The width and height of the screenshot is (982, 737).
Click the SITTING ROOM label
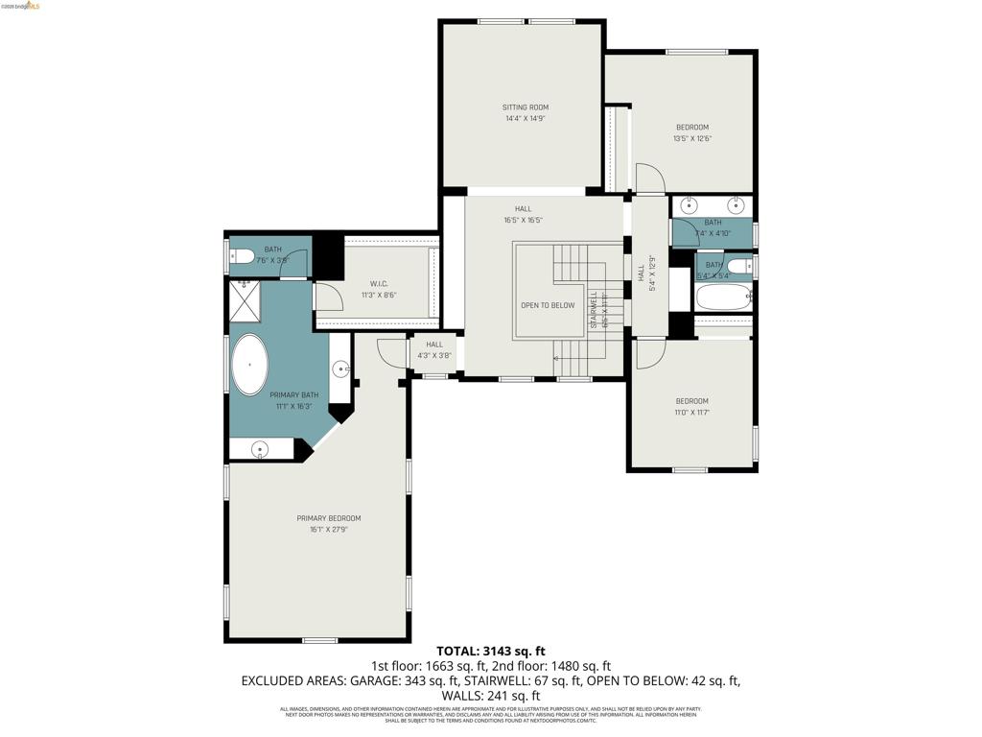pos(526,107)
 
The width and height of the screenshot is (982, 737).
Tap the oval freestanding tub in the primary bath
pos(250,365)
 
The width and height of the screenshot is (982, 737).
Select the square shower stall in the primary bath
pos(245,300)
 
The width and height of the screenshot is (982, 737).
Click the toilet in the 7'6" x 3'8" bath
pos(241,257)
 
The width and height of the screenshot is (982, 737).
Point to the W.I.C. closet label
pos(378,284)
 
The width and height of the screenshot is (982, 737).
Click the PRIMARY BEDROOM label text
pos(328,518)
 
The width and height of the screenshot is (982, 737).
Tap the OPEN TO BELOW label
pos(548,305)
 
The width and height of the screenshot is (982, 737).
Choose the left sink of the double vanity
pos(689,204)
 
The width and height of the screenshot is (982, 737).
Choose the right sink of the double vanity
pos(736,204)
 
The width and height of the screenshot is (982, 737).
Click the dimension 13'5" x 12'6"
pos(691,139)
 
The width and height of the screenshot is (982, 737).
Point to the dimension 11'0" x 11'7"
pos(691,413)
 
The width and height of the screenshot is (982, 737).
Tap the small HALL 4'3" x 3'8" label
pos(434,350)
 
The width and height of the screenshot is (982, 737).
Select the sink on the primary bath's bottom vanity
pos(260,448)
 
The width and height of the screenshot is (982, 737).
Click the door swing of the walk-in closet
pos(327,297)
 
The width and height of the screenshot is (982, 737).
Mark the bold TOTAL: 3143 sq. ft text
pos(491,651)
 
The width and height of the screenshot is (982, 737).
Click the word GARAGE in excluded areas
pos(344,680)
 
